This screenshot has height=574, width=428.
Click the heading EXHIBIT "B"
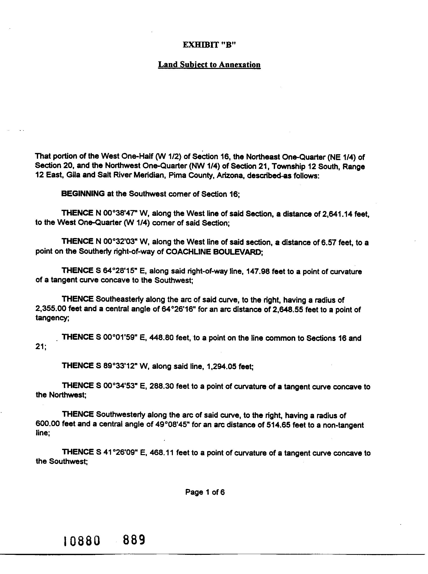pyautogui.click(x=209, y=45)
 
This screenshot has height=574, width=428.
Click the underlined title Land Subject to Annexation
pyautogui.click(x=209, y=64)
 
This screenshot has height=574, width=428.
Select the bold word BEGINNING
pyautogui.click(x=83, y=194)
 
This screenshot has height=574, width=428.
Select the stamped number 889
pyautogui.click(x=134, y=540)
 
